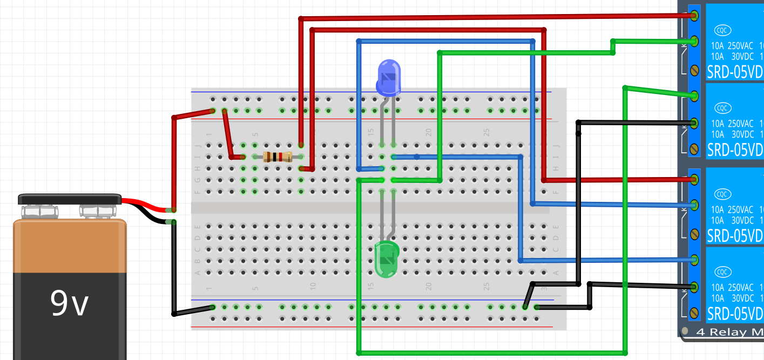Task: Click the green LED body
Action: coord(386,258)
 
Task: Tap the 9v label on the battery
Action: coord(69,303)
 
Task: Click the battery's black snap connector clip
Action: coord(70,199)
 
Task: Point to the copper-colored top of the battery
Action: coord(70,246)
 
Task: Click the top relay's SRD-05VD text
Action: coord(734,71)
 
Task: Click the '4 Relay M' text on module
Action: coord(729,332)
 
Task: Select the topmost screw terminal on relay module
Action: coord(695,15)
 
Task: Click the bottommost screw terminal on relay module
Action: coord(695,313)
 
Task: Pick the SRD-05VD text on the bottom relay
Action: coord(734,313)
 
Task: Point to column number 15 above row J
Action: coord(371,132)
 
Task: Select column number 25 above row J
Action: coord(486,132)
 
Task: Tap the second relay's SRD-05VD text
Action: coord(734,149)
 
